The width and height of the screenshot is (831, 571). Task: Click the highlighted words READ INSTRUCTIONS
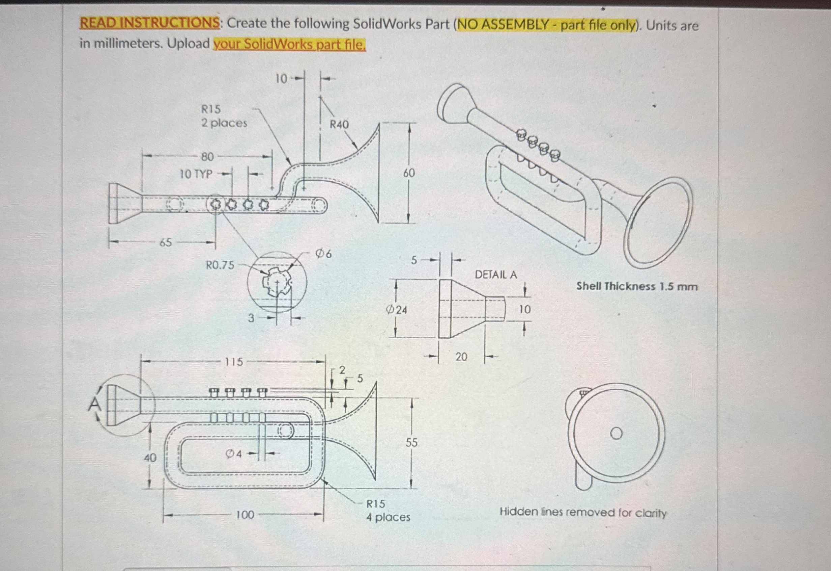(x=149, y=23)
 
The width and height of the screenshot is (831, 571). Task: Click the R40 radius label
(x=339, y=125)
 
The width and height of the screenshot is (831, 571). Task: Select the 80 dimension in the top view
(x=207, y=157)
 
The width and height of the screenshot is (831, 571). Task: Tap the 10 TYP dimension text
(x=196, y=174)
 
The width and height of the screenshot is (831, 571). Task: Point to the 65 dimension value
(x=165, y=243)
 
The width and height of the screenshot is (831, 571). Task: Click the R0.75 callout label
(x=220, y=265)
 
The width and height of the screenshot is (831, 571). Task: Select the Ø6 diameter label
(x=323, y=254)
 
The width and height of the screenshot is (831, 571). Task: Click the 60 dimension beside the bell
(x=409, y=173)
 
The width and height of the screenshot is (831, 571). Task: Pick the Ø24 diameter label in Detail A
(x=396, y=310)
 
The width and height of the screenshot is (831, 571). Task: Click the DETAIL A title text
(x=495, y=275)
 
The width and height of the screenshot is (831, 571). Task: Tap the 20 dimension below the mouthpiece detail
(x=461, y=357)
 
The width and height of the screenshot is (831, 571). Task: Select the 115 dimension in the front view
(x=233, y=362)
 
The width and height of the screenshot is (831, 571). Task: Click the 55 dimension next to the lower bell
(x=411, y=443)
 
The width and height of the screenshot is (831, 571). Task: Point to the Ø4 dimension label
(x=234, y=454)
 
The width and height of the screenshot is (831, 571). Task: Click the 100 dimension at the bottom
(x=245, y=515)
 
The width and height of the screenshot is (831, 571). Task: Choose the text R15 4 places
(x=388, y=511)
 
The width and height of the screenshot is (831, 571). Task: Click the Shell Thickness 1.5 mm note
(x=636, y=286)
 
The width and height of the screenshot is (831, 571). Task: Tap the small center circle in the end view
(x=616, y=434)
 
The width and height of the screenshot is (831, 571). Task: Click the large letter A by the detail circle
(x=94, y=405)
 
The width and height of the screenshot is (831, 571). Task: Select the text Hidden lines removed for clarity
(x=583, y=512)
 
